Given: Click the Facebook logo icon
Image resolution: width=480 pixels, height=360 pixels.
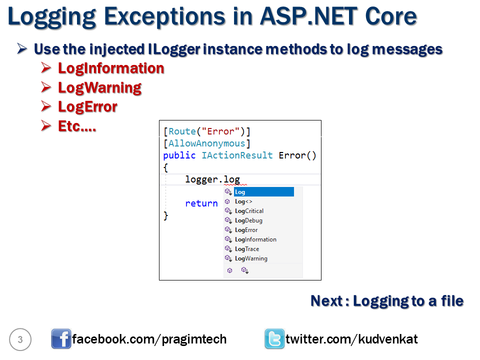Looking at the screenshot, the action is click(x=61, y=339).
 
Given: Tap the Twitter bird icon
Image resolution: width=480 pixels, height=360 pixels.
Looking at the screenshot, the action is click(x=274, y=339).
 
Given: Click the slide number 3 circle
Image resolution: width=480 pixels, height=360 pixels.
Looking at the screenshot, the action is click(x=20, y=339).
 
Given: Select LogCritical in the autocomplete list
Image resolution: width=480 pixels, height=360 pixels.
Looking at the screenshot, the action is click(x=249, y=211).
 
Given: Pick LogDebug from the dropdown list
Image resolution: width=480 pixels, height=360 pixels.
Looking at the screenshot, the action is click(x=248, y=220).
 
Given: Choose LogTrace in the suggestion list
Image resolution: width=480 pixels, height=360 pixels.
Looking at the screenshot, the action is click(x=247, y=249).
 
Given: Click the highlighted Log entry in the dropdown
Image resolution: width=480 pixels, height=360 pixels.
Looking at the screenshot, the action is click(x=264, y=192).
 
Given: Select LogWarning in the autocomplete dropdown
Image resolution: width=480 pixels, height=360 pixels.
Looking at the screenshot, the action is click(x=251, y=258).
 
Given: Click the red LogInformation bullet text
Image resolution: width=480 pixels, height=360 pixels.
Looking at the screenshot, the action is click(x=111, y=68).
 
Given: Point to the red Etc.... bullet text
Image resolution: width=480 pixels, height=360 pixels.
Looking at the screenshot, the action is click(x=77, y=126).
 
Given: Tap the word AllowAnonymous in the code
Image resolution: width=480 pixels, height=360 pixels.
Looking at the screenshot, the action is click(x=207, y=143).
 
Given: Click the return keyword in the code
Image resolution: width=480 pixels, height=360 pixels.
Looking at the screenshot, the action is click(x=201, y=203).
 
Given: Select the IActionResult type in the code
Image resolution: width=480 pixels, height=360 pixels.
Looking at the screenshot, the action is click(x=237, y=155).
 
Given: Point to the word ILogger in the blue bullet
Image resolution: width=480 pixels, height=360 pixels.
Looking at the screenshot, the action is click(x=174, y=49).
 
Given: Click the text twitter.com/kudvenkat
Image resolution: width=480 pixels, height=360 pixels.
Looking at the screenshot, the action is click(x=351, y=339).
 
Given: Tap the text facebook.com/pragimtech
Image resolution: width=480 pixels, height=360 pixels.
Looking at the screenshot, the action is click(x=149, y=339).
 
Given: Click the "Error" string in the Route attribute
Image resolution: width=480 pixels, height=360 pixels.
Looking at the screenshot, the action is click(x=220, y=131).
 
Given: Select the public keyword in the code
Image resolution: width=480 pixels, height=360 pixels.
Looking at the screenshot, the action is click(x=179, y=155).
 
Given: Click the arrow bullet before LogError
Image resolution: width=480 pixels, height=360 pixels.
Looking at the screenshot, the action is click(x=46, y=106).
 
